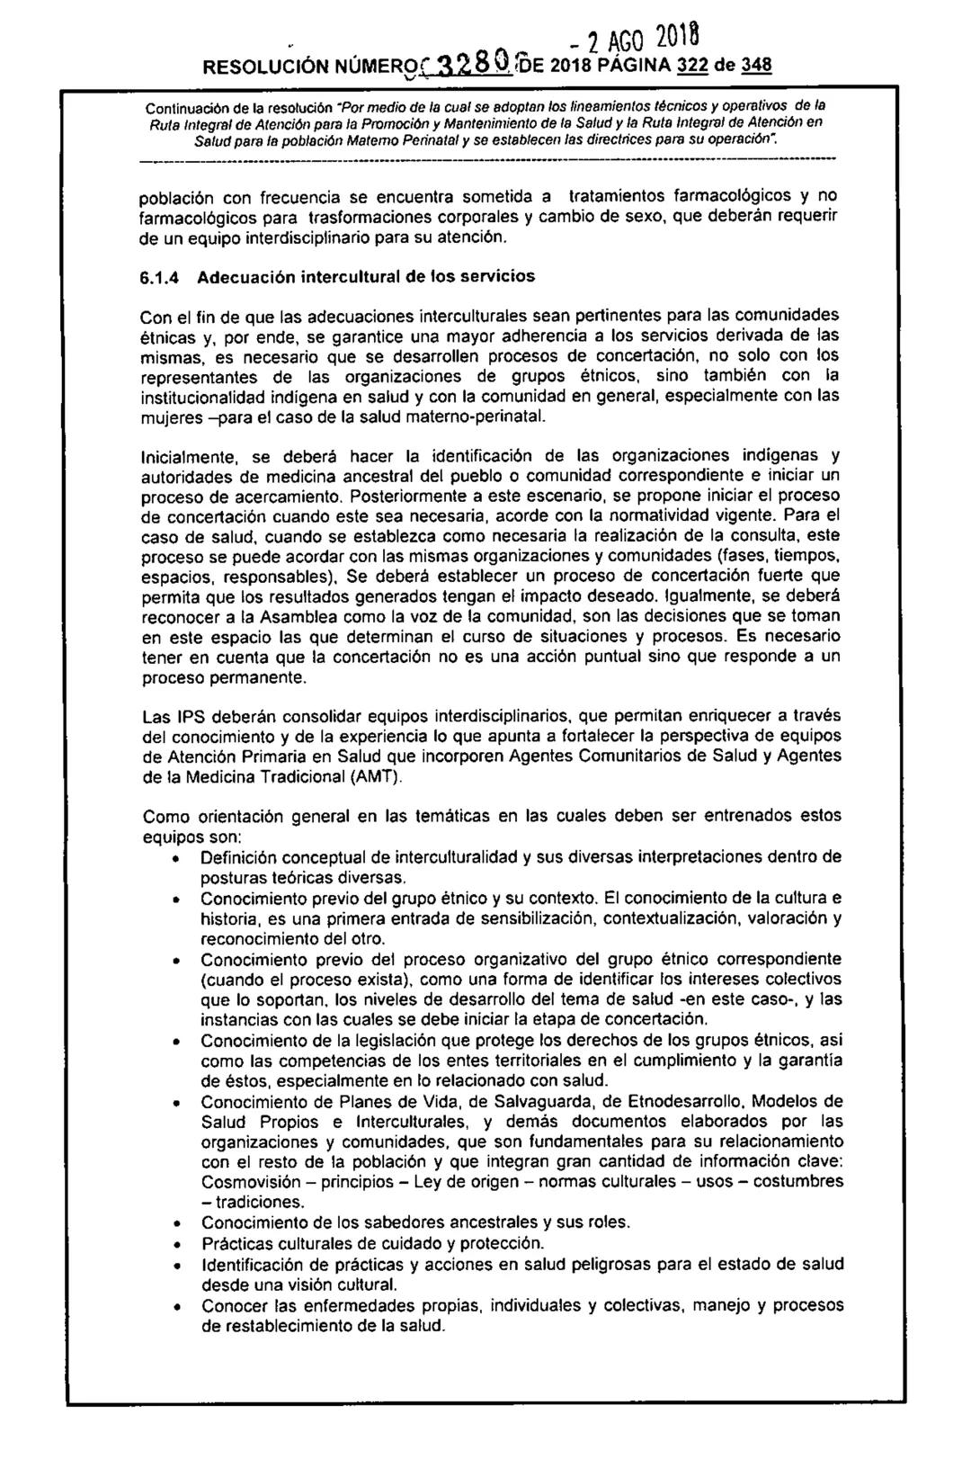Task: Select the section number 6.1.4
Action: coord(163,280)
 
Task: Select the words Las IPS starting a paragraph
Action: coord(167,718)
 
